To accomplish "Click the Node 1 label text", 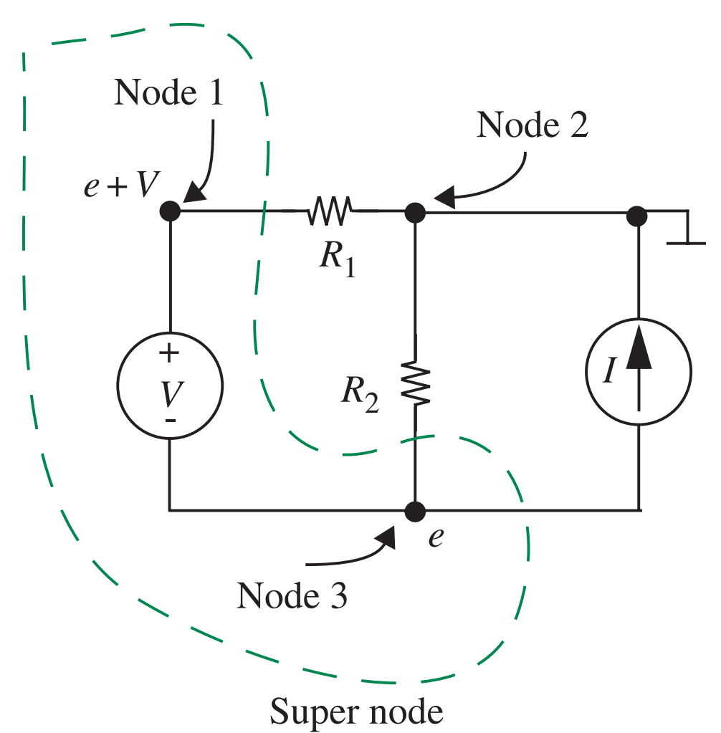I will [168, 94].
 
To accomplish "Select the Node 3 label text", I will [292, 595].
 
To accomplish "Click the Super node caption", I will [356, 712].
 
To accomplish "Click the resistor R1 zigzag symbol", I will [330, 211].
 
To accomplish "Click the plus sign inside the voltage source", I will [170, 353].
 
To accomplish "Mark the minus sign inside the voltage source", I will [170, 421].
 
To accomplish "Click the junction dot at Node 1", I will [170, 211].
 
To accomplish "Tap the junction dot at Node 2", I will [416, 212].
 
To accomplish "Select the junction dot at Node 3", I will [416, 511].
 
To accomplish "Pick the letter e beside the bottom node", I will [435, 538].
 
